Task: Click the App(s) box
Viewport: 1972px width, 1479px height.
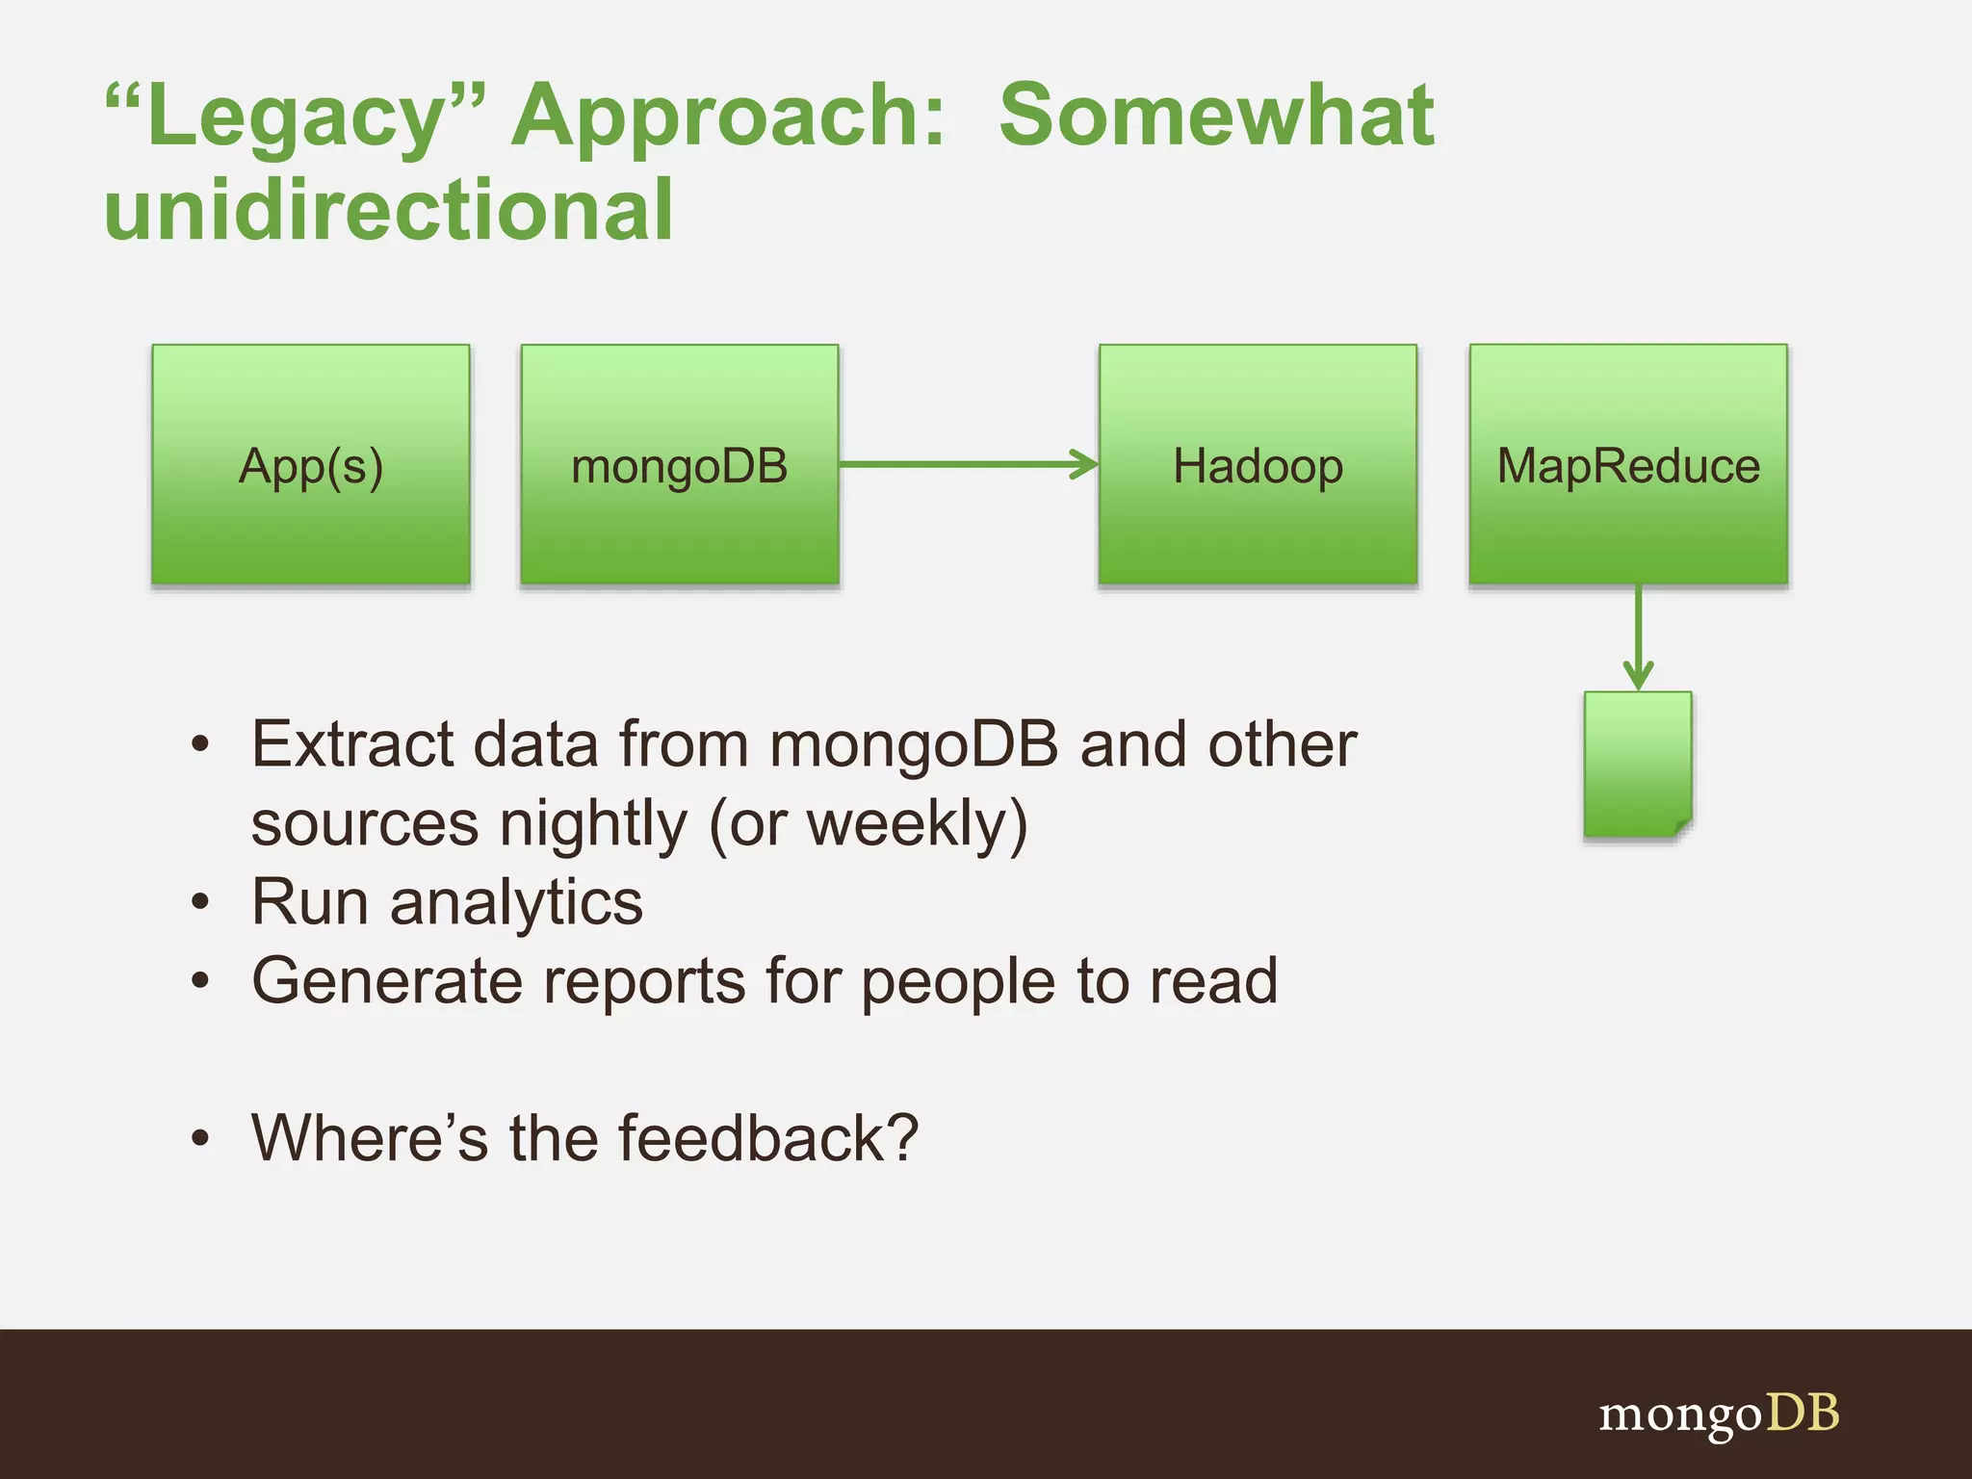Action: pos(311,464)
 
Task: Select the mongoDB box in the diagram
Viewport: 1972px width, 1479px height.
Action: pos(680,464)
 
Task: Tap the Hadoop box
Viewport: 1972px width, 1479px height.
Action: pos(1258,464)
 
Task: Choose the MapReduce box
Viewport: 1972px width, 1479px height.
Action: pos(1628,464)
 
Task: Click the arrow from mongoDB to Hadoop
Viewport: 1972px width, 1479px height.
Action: pos(968,464)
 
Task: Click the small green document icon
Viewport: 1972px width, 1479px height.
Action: pos(1638,764)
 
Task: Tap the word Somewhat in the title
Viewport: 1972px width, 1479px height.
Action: pos(1216,116)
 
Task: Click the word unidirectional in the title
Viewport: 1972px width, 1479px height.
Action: pos(388,210)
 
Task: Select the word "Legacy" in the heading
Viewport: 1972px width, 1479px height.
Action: pos(296,116)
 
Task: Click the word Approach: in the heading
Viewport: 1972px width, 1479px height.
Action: pos(729,117)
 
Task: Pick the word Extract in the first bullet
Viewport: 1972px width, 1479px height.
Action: pos(352,744)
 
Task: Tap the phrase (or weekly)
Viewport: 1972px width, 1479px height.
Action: pos(869,824)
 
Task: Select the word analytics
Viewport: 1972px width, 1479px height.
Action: pos(516,903)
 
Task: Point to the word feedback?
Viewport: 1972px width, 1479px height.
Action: pos(768,1138)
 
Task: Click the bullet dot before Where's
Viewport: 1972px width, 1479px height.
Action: pos(199,1139)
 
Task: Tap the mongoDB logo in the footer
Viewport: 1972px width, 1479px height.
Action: pos(1719,1414)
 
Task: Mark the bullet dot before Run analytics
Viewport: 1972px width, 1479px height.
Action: pos(199,903)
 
